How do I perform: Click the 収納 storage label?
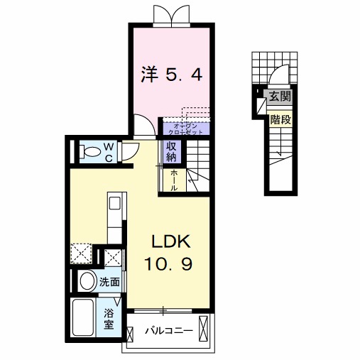[x=172, y=151]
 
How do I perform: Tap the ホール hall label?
[x=173, y=180]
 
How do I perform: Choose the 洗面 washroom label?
[x=109, y=281]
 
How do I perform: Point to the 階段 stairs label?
[x=280, y=119]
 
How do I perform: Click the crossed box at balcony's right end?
[x=205, y=330]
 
